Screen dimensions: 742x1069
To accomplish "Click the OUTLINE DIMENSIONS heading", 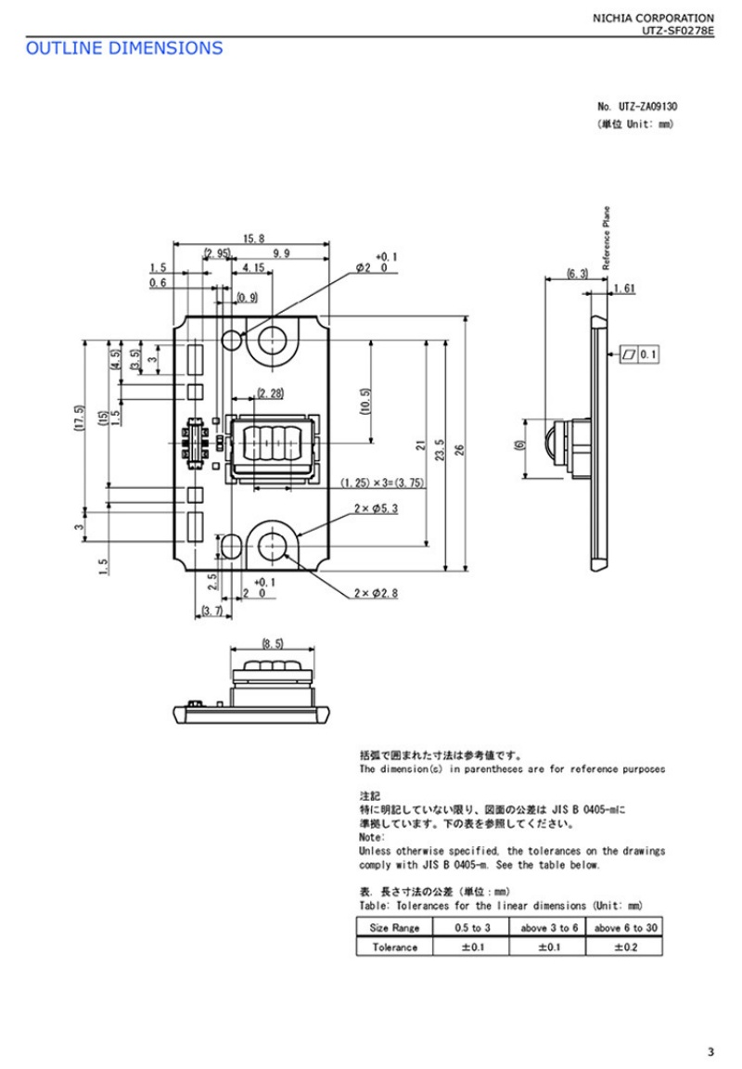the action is pos(124,48).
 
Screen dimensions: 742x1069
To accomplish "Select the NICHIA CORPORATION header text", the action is pos(653,19).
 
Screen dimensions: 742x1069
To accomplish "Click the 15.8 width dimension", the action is pos(253,238).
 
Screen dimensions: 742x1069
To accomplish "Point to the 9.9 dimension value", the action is pos(281,253).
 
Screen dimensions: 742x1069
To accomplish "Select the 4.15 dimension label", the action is pos(253,268).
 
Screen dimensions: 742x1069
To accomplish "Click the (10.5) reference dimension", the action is pos(365,401).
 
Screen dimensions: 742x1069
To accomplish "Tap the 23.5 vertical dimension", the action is pos(441,449).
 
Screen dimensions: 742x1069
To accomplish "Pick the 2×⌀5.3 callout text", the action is pos(376,509).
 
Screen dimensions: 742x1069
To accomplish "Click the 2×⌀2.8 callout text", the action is pos(376,593).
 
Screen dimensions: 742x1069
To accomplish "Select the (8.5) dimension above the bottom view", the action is pos(273,643).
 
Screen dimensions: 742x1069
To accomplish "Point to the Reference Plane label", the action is pos(607,238).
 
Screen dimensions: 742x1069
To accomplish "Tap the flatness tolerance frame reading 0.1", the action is pos(639,354).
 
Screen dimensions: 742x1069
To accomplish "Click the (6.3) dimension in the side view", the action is pos(577,274).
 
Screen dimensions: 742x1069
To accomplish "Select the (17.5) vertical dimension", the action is pos(79,418).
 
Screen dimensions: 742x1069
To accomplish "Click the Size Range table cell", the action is pos(394,928).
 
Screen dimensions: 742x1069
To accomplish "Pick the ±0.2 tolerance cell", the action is pos(624,947).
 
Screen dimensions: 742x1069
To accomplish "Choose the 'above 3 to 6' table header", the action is pos(548,928).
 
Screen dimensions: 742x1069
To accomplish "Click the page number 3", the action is pos(711,1051).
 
